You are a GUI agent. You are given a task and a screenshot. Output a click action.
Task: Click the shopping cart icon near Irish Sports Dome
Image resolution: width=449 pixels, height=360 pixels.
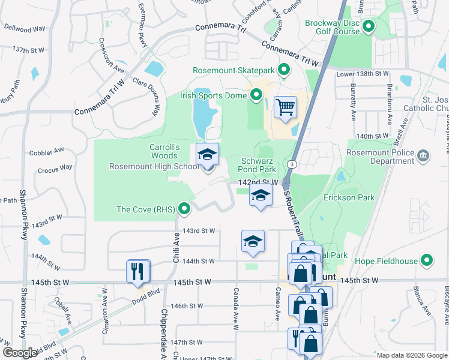click(286, 108)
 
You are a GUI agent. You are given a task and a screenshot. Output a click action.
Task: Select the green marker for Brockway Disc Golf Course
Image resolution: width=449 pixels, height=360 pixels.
click(368, 27)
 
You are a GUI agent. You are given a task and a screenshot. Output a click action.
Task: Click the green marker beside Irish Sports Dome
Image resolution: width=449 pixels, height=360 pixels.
click(256, 95)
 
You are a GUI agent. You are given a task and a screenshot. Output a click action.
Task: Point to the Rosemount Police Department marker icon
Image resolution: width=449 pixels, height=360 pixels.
click(424, 156)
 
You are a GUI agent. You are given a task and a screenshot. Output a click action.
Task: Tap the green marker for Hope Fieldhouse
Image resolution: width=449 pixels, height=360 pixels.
click(427, 260)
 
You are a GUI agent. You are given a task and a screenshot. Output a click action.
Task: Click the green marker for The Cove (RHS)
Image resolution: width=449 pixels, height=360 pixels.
click(184, 209)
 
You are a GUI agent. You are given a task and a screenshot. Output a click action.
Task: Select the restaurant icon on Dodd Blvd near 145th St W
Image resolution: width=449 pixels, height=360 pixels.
click(137, 271)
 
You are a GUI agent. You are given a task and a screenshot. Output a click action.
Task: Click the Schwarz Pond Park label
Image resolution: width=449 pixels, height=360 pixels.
click(259, 166)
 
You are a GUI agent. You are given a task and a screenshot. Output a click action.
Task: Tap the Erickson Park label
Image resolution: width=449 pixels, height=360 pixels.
click(349, 197)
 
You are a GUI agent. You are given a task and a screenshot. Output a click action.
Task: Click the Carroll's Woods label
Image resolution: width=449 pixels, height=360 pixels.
click(165, 152)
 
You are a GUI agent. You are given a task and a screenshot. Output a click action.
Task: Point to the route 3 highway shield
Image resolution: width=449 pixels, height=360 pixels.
click(291, 164)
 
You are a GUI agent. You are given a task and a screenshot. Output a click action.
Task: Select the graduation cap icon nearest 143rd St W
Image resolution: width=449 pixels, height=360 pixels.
click(253, 241)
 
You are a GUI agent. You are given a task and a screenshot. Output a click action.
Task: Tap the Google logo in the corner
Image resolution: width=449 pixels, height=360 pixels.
click(20, 352)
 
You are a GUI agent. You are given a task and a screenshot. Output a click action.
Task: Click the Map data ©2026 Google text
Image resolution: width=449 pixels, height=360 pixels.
click(411, 355)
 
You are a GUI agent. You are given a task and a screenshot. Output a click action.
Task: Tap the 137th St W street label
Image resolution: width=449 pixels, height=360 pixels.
click(28, 49)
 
